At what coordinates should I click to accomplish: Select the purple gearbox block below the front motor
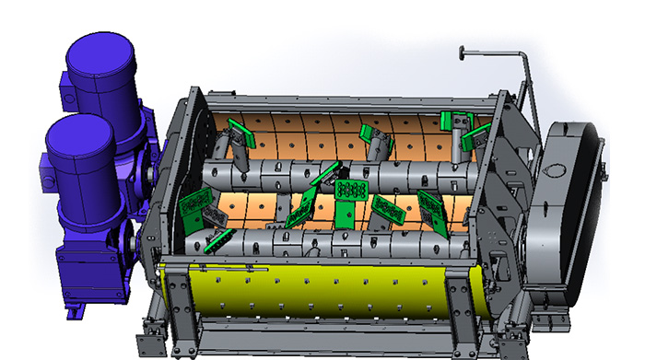click(93, 262)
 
